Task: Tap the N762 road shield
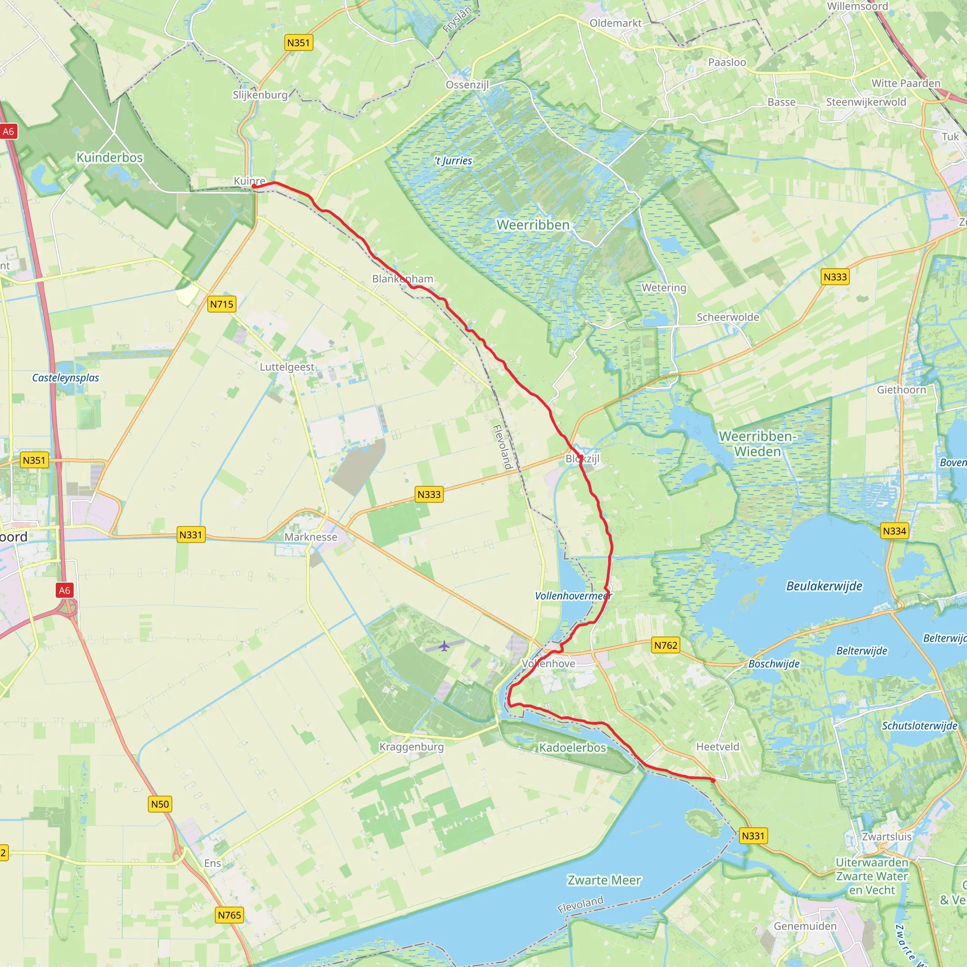point(666,645)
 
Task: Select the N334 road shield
point(894,531)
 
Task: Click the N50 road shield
point(160,804)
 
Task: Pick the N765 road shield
point(229,915)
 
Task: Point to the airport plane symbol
point(444,646)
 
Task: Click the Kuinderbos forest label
point(110,157)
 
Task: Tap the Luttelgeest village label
point(287,367)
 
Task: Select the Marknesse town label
point(311,537)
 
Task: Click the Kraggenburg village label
point(411,747)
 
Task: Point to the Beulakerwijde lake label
point(824,585)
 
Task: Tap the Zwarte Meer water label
point(603,880)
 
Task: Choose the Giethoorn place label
point(901,390)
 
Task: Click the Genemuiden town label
point(805,926)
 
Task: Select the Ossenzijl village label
point(467,85)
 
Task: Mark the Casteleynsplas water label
point(66,377)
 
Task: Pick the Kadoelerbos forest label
point(573,748)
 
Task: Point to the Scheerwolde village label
point(728,317)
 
